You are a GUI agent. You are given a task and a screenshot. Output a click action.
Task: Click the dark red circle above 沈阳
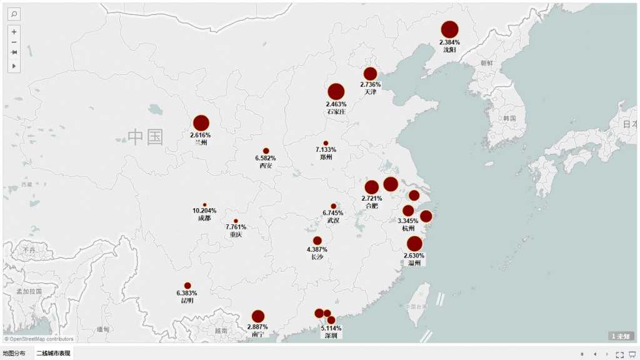tap(450, 29)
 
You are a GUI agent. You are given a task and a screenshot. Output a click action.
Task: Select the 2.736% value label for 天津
tap(370, 84)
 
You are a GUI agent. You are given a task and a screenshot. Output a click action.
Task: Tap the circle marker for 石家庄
tap(336, 92)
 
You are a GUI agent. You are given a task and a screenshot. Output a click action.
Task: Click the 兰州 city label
tap(201, 142)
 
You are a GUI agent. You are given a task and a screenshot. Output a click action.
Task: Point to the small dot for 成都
tap(204, 205)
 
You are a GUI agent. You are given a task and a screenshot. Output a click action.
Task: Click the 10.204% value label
tap(204, 211)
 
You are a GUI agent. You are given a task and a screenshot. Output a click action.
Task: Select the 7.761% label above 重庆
tap(236, 227)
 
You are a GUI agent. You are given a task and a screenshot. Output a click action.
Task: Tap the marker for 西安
tap(266, 151)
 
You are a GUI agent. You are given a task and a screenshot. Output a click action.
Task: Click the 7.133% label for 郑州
tap(326, 150)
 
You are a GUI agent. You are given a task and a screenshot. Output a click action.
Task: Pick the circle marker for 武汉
tap(333, 206)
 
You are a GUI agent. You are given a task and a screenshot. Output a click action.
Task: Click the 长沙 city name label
tap(317, 257)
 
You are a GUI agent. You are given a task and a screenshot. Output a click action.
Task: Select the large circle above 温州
tap(414, 244)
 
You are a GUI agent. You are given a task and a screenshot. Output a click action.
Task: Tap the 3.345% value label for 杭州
tap(408, 221)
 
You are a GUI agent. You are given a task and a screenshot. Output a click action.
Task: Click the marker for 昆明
tap(187, 286)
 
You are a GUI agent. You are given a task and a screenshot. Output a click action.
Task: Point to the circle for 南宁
tap(258, 316)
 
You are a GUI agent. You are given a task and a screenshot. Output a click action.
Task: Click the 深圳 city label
tap(331, 336)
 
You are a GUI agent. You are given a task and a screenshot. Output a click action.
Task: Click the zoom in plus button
tap(14, 31)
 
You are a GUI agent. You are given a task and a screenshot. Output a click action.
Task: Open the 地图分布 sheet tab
tap(15, 354)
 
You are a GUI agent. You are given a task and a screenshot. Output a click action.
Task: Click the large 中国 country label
tap(146, 137)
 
